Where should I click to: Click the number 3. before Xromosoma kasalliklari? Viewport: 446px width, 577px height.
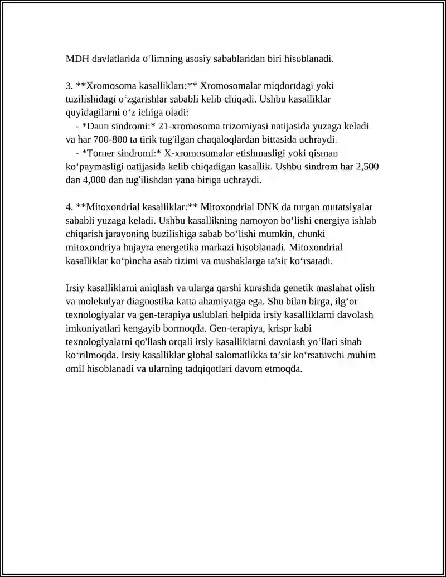point(69,86)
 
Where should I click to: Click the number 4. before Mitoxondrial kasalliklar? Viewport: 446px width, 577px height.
point(69,207)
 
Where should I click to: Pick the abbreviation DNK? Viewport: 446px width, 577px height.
point(269,207)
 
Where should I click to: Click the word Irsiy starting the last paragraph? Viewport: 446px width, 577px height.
point(75,288)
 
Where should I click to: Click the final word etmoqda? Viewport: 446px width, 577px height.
point(285,368)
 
